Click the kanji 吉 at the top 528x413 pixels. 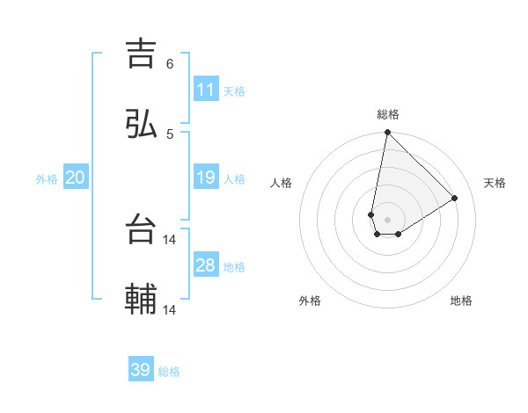(x=142, y=54)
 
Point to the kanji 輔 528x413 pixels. (x=142, y=300)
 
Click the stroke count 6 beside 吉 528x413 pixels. (x=169, y=64)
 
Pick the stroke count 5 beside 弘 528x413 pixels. (x=169, y=134)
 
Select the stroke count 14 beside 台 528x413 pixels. (x=170, y=239)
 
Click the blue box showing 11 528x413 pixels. (x=206, y=90)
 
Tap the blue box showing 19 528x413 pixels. (x=206, y=178)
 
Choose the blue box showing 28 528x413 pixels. (x=206, y=265)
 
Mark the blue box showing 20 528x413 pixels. (x=76, y=178)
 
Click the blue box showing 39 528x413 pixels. (x=141, y=370)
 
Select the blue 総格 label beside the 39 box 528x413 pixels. (x=170, y=372)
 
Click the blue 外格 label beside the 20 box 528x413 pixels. (x=47, y=178)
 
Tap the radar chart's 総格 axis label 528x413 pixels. (x=388, y=114)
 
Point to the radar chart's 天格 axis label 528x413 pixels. (x=495, y=183)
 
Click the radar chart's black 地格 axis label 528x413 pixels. (x=461, y=301)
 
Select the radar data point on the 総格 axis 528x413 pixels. (x=387, y=133)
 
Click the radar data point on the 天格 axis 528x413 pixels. (x=455, y=198)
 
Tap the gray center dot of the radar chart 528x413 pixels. (x=388, y=220)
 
